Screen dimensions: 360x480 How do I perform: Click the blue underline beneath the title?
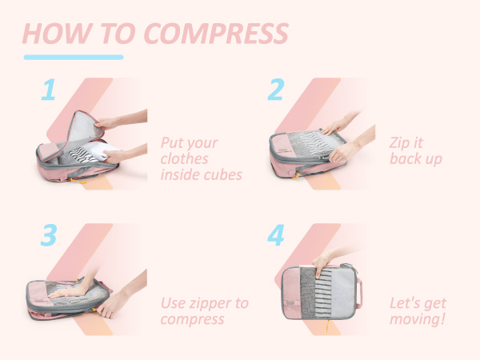coord(74,57)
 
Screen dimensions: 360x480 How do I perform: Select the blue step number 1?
coord(48,90)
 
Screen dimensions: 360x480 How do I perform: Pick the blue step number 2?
coord(275,90)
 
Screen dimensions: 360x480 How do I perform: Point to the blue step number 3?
coord(48,235)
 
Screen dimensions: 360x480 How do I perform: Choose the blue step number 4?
coord(276,235)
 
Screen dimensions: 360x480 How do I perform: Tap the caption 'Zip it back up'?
coord(415,150)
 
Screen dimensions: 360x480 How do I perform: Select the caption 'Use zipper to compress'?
coord(204,311)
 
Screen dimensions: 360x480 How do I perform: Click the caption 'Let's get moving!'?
coord(418,311)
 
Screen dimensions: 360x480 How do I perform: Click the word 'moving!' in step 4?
coord(418,319)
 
